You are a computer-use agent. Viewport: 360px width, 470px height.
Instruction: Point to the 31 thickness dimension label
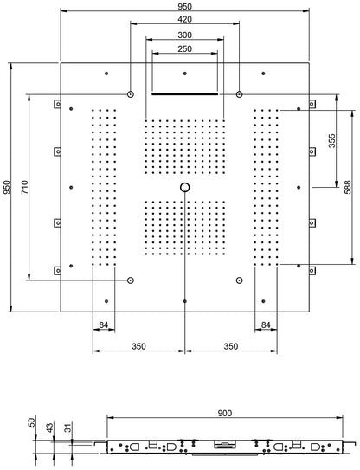tap(67, 428)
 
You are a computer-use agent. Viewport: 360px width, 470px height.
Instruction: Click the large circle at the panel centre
tap(184, 187)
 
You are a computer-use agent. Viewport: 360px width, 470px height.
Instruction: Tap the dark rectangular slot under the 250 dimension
tap(184, 93)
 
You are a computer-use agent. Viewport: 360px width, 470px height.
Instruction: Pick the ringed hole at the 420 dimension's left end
tap(130, 93)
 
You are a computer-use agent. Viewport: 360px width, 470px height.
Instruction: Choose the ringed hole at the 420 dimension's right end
tap(239, 93)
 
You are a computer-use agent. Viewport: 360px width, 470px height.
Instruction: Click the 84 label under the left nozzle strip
tap(104, 325)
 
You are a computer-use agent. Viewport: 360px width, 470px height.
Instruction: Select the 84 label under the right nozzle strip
tap(266, 325)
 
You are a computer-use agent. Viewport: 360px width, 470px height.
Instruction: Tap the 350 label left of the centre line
tap(138, 345)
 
